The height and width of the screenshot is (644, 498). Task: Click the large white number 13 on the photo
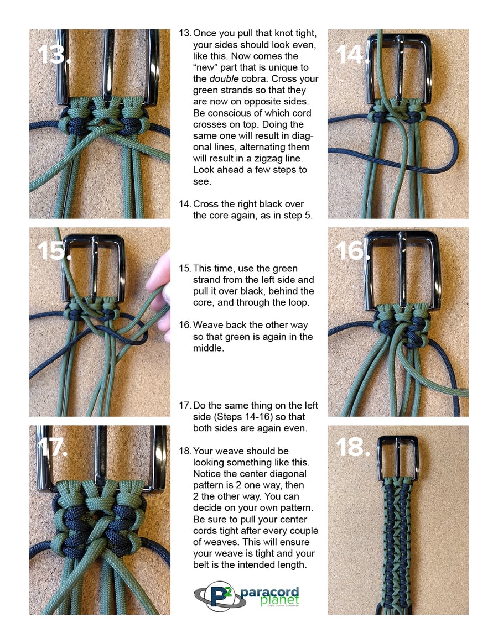pos(54,54)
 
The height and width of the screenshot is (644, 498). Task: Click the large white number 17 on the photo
pos(52,447)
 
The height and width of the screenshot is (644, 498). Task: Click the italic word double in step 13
pos(224,79)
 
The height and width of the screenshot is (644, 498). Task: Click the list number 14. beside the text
pos(185,204)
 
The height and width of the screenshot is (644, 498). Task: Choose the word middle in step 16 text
pos(208,348)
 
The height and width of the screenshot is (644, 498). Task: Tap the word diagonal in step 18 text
pos(289,474)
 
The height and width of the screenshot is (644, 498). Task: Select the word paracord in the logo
pos(269,593)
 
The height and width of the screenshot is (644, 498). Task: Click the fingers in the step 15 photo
pos(160,296)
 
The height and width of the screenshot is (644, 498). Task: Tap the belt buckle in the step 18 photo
pos(398,458)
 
